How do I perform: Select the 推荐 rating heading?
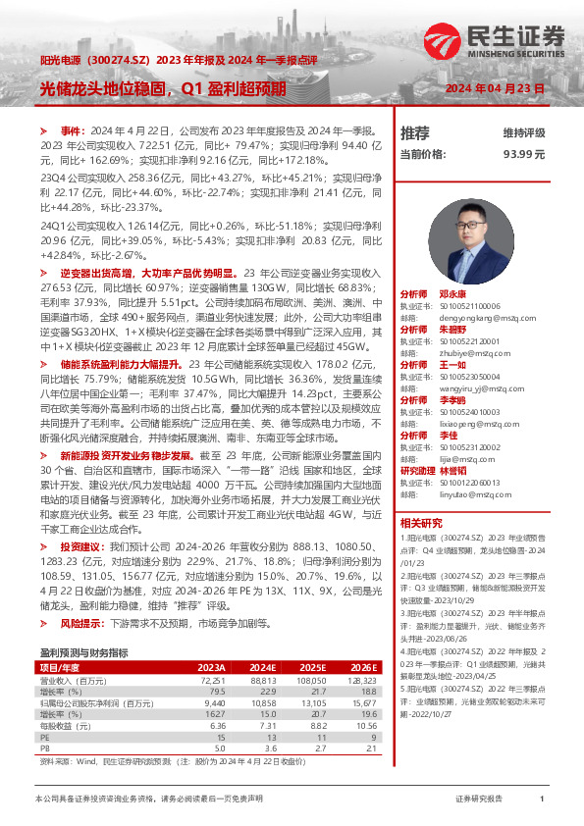point(415,132)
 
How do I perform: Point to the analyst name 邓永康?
point(452,294)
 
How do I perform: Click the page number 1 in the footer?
point(542,800)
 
